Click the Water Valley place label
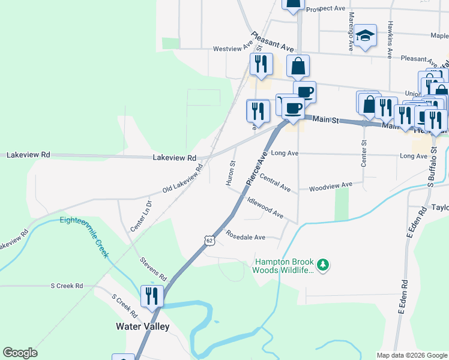tap(142, 327)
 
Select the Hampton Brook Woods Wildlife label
tap(284, 266)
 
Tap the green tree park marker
tap(324, 265)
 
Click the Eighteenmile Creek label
tap(84, 236)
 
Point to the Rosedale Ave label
tap(245, 237)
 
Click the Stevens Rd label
tap(153, 269)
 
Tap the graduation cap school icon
tap(364, 35)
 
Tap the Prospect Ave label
tap(326, 9)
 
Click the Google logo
tap(20, 353)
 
